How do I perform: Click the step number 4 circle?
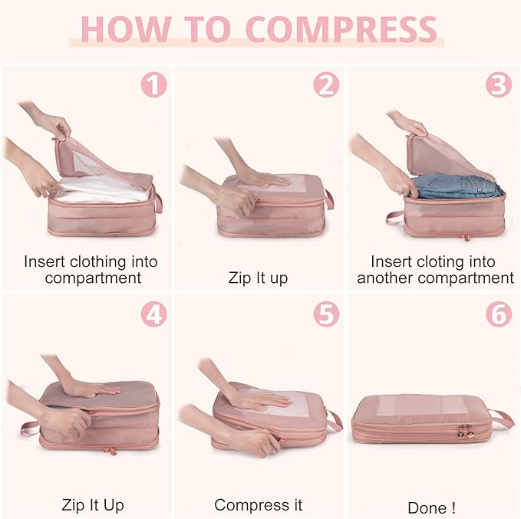tap(153, 314)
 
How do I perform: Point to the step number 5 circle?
tap(326, 314)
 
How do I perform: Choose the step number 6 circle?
tap(500, 314)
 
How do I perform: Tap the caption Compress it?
tap(258, 505)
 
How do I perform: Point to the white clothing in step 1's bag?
tap(100, 191)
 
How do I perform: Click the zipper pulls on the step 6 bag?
tap(465, 432)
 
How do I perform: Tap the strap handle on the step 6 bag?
tap(502, 419)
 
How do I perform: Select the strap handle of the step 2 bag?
tap(328, 199)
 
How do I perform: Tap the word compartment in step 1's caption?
tap(93, 278)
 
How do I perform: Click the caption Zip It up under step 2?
tap(258, 278)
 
